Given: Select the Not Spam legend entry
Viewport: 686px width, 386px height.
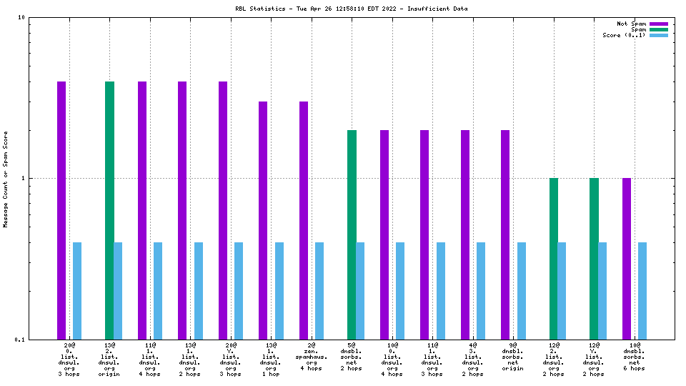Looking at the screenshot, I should [x=632, y=24].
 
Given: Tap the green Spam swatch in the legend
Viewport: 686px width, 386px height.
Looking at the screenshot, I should [x=658, y=29].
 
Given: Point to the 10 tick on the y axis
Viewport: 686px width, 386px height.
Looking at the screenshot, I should [x=22, y=17].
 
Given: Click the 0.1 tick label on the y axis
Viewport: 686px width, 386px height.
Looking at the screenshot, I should [x=21, y=340].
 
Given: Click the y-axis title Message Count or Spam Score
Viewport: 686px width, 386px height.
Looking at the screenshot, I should [x=6, y=179].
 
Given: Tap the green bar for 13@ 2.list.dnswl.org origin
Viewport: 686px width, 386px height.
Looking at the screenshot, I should [x=109, y=210].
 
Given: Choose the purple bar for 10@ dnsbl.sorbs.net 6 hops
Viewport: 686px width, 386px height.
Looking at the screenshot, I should [x=627, y=259].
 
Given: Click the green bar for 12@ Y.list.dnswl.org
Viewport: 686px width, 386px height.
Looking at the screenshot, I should [x=594, y=259].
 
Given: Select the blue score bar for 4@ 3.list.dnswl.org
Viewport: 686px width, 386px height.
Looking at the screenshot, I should [x=481, y=291].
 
